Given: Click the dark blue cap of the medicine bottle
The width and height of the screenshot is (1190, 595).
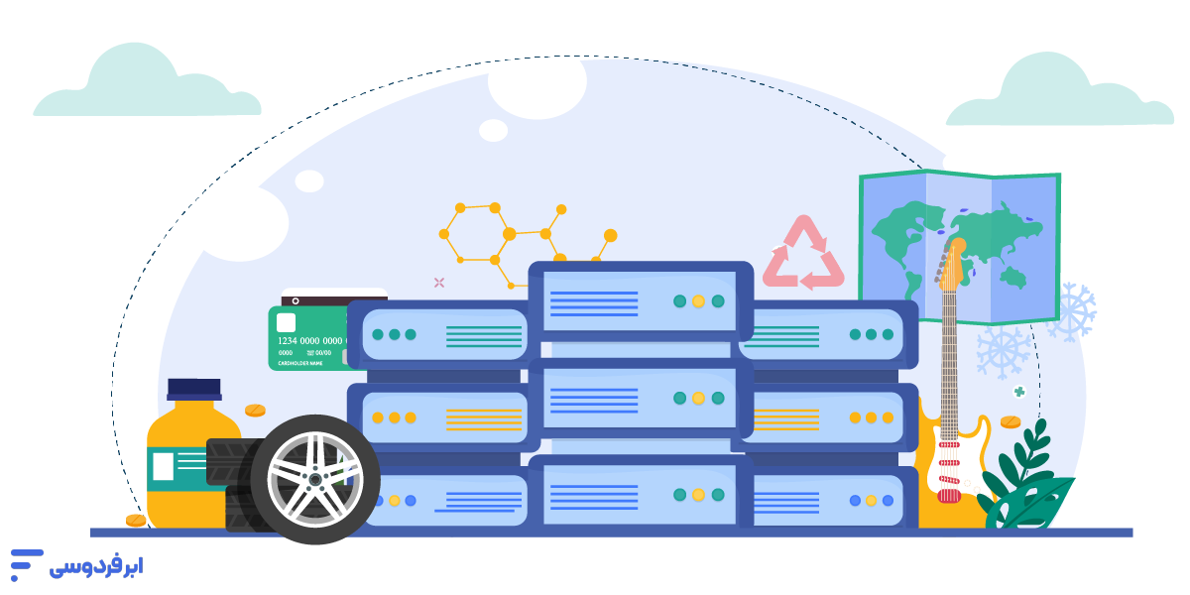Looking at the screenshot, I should coord(194,388).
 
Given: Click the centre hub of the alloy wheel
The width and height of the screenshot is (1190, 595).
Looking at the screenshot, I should coord(314,479).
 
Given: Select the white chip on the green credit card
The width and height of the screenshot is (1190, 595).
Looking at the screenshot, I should coord(286,322).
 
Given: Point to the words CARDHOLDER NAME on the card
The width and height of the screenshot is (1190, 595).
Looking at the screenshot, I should coord(299,362).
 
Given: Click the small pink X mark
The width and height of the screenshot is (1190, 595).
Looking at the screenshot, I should coord(439,283).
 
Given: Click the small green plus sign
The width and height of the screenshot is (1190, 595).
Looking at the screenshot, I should coord(1018,392).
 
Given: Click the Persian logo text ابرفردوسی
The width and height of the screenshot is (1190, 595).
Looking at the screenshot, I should coord(96,566).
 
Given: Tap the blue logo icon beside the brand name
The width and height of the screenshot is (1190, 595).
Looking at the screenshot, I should coord(26,563).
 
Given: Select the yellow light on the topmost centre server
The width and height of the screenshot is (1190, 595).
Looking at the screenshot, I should coord(698,301).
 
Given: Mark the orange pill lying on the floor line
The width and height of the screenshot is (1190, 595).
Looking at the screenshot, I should coord(136,521).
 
